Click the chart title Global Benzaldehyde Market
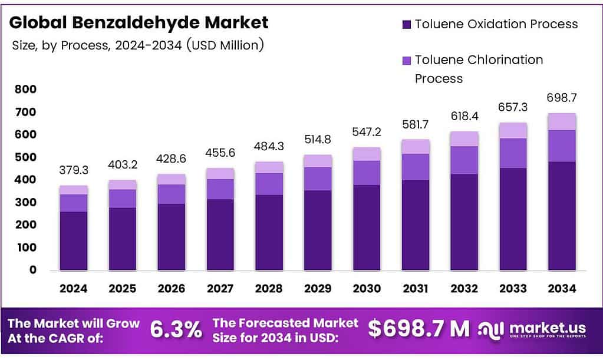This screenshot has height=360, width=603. pyautogui.click(x=139, y=22)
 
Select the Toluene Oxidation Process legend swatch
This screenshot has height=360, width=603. pyautogui.click(x=407, y=25)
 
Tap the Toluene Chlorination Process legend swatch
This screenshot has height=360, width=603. pyautogui.click(x=407, y=61)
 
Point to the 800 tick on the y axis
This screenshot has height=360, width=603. pyautogui.click(x=25, y=90)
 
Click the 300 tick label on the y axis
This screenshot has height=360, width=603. pyautogui.click(x=25, y=203)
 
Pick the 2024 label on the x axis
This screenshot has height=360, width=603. pyautogui.click(x=74, y=289)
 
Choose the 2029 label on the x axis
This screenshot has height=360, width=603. pyautogui.click(x=317, y=289)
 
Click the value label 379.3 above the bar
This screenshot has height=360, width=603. pyautogui.click(x=74, y=170)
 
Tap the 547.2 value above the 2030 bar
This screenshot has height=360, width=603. pyautogui.click(x=366, y=131)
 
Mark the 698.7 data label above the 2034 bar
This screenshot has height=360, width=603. pyautogui.click(x=561, y=97)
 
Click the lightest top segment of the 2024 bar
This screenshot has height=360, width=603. pyautogui.click(x=74, y=190)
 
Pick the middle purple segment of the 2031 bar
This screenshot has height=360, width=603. pyautogui.click(x=415, y=167)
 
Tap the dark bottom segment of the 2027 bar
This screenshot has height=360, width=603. pyautogui.click(x=220, y=235)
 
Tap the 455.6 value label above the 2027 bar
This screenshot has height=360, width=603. pyautogui.click(x=220, y=153)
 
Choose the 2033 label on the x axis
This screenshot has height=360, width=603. pyautogui.click(x=512, y=289)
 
